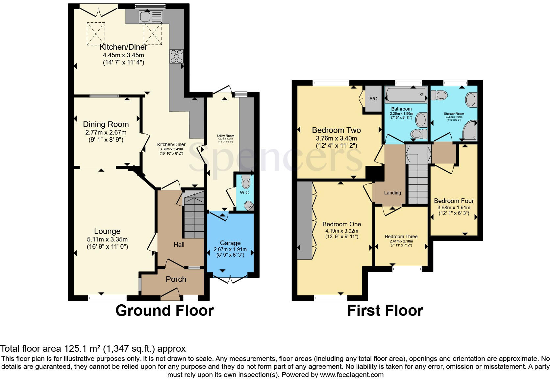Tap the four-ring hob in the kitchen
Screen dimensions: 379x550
tap(176, 56)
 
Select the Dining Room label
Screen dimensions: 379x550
tap(106, 124)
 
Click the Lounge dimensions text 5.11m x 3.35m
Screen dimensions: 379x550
tap(107, 239)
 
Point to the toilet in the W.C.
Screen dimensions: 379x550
tap(246, 181)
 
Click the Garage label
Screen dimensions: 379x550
tap(230, 243)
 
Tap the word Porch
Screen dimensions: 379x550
tap(176, 279)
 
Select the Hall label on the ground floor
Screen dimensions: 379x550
tap(179, 244)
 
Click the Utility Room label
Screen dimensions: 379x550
tap(225, 136)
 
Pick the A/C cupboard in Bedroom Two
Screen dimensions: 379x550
tap(373, 99)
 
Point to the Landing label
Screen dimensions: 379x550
tap(392, 193)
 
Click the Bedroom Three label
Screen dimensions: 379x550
tap(401, 237)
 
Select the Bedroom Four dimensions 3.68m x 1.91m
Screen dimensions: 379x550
tap(454, 208)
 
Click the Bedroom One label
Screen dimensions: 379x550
tap(341, 224)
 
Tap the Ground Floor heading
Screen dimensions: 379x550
tap(164, 311)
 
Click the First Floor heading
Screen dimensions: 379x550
tap(385, 311)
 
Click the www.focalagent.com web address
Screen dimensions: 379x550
tap(351, 374)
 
